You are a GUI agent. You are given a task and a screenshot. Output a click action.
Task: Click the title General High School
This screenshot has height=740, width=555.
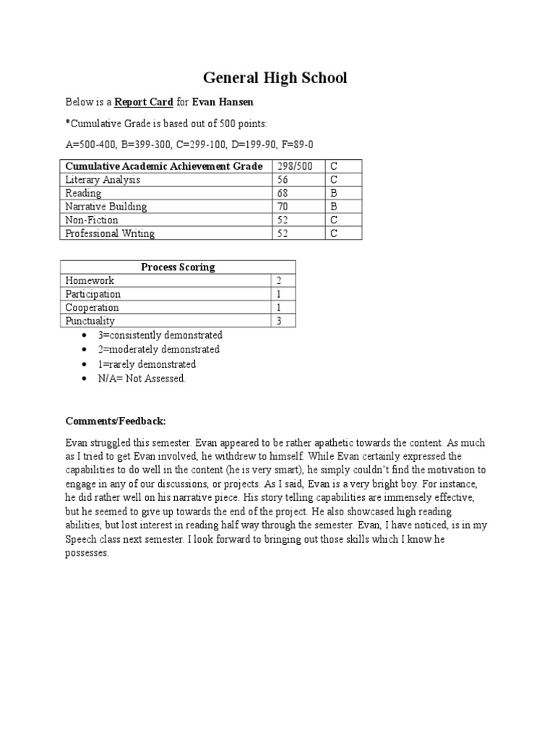coord(274,77)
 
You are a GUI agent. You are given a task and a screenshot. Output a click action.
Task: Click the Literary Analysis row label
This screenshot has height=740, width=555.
coord(103,180)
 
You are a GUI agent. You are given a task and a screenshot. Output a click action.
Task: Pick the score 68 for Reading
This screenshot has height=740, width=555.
coord(284,193)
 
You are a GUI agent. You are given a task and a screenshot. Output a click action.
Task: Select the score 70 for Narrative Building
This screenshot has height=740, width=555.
coord(284,207)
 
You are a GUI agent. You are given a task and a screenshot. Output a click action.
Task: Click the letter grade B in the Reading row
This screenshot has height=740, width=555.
coord(335,193)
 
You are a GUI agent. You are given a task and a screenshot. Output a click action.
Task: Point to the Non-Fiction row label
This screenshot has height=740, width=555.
coord(92,220)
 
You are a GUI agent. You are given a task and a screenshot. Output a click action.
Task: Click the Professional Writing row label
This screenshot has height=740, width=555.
coord(110,233)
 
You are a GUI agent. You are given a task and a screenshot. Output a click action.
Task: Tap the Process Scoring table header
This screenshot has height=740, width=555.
coord(178,267)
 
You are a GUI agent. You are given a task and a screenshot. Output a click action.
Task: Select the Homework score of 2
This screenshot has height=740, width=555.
coord(279,280)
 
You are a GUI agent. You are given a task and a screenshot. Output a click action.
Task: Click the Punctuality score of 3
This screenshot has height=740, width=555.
coord(279,321)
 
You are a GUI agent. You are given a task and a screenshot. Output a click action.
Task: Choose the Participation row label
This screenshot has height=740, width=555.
coord(93,294)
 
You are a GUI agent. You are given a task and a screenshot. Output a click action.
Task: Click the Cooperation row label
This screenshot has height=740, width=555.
coord(92,308)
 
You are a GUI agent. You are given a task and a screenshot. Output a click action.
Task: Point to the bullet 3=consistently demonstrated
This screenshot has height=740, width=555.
coord(160,335)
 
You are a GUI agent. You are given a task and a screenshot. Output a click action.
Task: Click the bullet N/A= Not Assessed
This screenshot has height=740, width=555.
coord(142,379)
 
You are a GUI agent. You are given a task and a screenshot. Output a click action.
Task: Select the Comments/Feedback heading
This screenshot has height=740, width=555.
coord(116,421)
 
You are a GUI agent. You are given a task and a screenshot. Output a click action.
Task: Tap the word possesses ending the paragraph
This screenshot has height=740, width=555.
coord(87,554)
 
